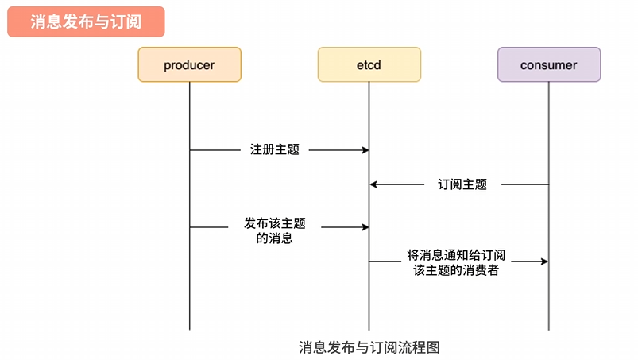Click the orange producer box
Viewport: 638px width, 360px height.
pos(189,64)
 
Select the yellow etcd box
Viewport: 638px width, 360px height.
pos(369,64)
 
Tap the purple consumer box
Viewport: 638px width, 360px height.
pos(548,64)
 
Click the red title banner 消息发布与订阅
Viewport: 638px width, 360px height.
pos(86,21)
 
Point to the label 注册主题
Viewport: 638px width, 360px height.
pos(275,149)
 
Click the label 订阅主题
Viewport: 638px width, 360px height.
pos(462,184)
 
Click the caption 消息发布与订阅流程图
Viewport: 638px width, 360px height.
pos(369,346)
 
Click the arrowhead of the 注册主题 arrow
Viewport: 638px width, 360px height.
pos(365,149)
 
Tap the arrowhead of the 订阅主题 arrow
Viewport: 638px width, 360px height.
pos(373,184)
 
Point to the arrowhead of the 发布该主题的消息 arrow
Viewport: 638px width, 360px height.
pos(365,227)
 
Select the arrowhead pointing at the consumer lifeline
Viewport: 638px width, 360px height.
pos(544,261)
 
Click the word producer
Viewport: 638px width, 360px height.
pos(189,65)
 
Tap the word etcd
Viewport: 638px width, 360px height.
pos(369,65)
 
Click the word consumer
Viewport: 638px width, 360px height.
pos(548,65)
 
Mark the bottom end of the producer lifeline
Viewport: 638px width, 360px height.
pos(190,329)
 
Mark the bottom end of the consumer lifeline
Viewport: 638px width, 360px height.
pos(548,329)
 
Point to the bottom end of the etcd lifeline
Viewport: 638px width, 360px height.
pos(369,329)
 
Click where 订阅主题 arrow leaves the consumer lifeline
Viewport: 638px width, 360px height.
pos(547,184)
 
